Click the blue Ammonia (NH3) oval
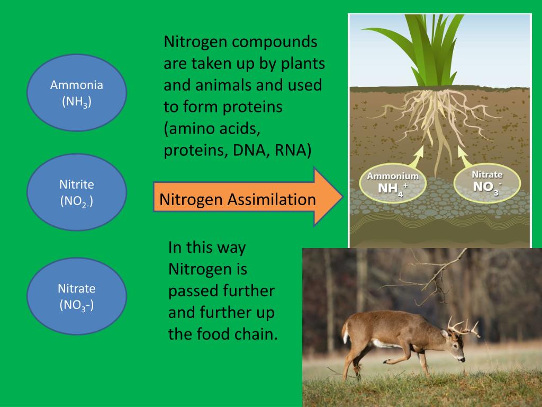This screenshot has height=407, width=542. click(x=76, y=93)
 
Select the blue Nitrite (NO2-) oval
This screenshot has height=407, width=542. click(x=76, y=192)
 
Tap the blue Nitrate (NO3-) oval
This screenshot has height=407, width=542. click(x=76, y=296)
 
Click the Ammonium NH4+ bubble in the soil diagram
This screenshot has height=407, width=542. click(x=393, y=183)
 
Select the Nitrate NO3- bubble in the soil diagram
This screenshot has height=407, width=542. click(x=487, y=181)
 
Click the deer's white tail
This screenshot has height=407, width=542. click(x=346, y=332)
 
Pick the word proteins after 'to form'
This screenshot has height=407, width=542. click(x=252, y=107)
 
